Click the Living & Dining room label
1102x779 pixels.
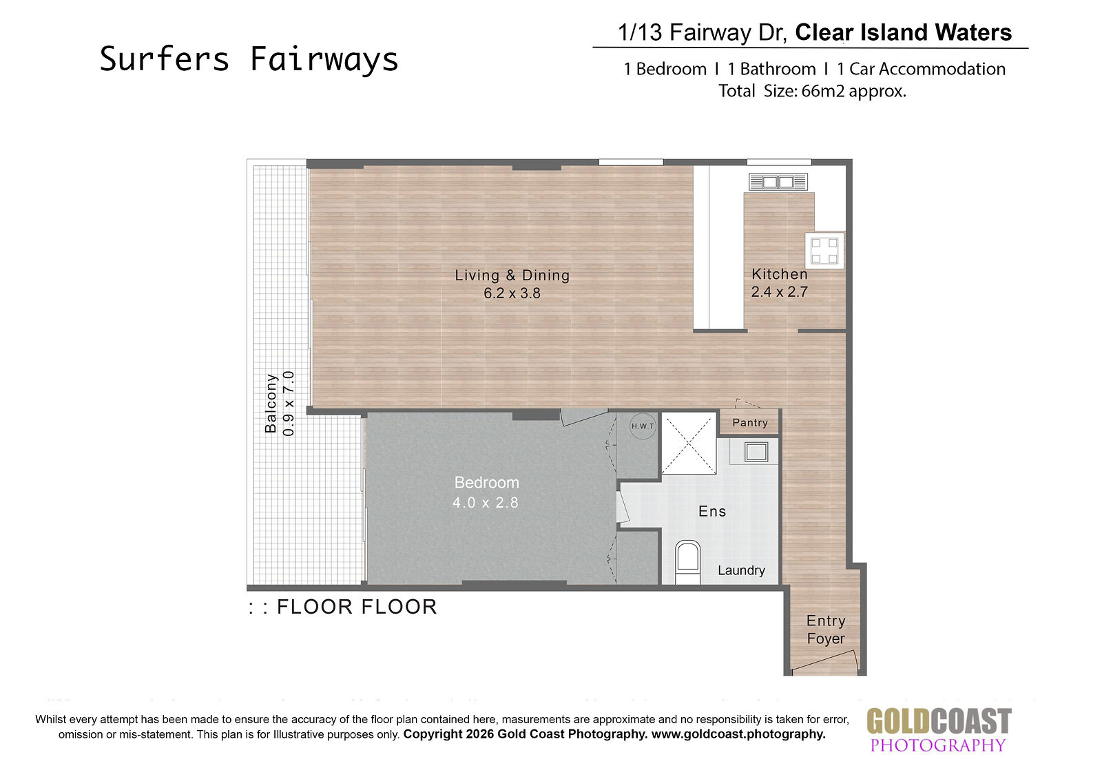pos(512,275)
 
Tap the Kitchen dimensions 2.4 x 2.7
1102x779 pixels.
pos(779,292)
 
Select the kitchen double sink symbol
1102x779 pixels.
pos(778,182)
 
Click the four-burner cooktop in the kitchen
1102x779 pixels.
pos(824,251)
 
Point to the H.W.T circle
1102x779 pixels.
pos(643,426)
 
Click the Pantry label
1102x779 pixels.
pos(750,423)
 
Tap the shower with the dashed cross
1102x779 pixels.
pos(688,444)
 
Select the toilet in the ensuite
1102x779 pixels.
pos(687,563)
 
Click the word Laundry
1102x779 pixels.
pos(741,570)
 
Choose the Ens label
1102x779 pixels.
pos(712,511)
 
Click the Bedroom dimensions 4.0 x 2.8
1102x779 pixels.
pos(485,502)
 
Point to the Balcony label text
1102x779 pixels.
pos(271,404)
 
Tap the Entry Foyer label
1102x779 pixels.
pos(826,630)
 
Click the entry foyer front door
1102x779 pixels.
pos(824,660)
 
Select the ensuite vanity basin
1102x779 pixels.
pos(756,452)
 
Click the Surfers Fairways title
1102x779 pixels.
pos(249,59)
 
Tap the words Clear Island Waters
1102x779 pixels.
pos(903,32)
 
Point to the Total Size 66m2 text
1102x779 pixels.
pos(812,91)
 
